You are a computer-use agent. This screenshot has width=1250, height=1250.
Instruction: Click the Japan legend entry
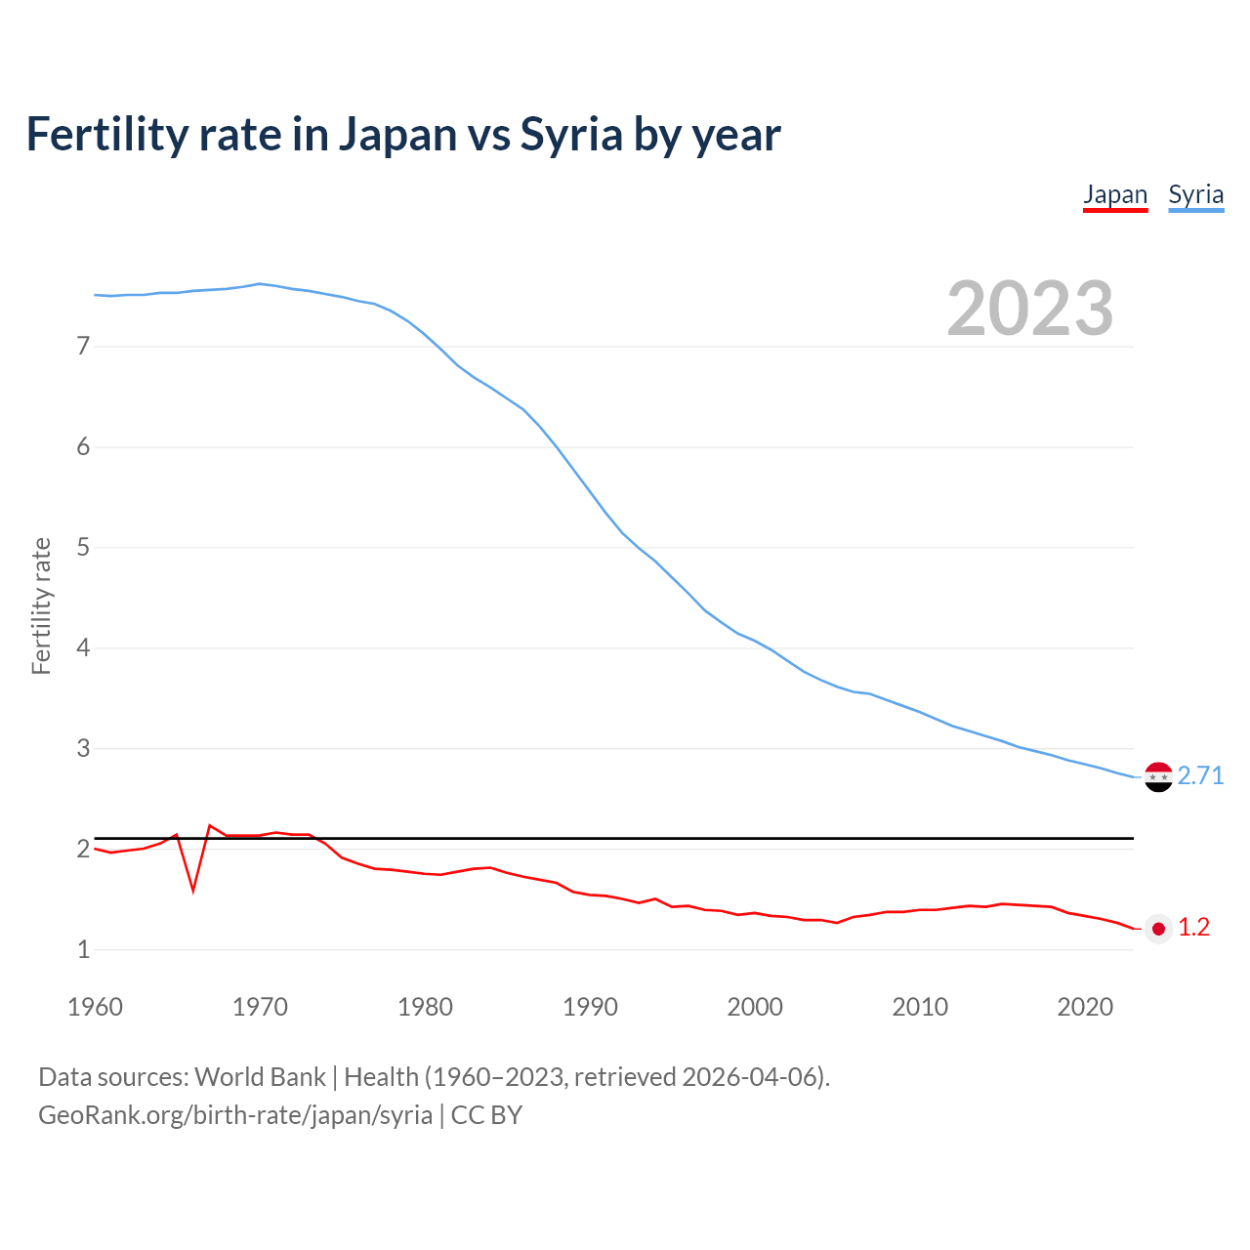point(1115,194)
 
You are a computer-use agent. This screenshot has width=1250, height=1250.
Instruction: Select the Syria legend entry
point(1195,194)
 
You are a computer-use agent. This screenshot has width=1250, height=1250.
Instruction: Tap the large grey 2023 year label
point(1030,309)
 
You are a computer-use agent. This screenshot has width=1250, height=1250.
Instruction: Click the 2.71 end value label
point(1200,775)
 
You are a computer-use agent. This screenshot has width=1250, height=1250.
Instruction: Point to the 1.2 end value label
point(1193,928)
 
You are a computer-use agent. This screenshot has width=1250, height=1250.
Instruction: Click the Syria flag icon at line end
point(1158,777)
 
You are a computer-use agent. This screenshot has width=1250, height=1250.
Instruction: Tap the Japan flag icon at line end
point(1158,929)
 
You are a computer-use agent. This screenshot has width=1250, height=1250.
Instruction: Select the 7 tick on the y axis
point(83,346)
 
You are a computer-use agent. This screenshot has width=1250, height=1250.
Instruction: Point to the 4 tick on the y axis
point(83,647)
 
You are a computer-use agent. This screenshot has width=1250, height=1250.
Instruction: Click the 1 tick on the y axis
point(83,949)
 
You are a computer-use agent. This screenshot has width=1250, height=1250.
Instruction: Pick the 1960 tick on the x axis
point(95,1007)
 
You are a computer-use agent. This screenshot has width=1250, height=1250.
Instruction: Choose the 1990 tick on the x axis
point(590,1007)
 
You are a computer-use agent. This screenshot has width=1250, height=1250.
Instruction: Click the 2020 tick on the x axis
point(1085,1007)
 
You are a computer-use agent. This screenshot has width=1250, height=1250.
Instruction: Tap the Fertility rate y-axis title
point(41,605)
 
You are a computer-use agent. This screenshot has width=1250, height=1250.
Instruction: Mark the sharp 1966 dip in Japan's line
point(193,890)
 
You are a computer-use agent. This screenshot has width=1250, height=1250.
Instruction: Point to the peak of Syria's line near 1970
point(259,284)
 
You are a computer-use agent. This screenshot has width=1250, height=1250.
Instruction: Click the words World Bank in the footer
point(260,1077)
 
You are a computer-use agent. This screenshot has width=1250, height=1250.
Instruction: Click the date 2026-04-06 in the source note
point(748,1077)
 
